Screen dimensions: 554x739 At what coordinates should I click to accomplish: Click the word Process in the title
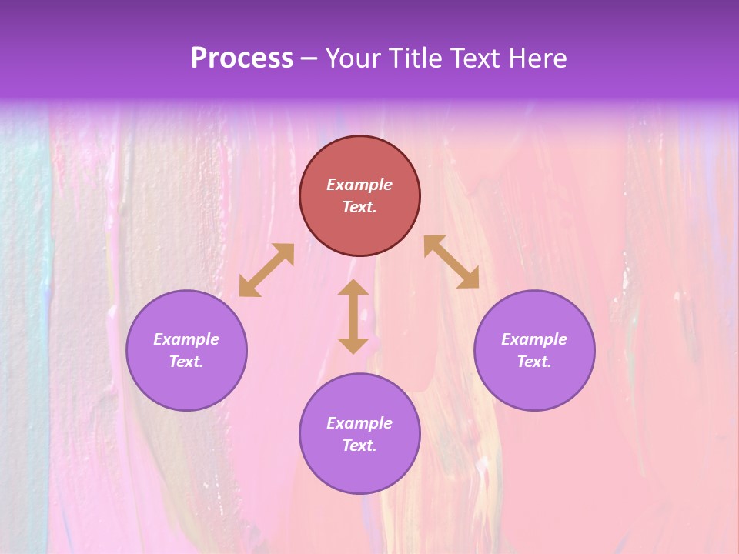point(242,58)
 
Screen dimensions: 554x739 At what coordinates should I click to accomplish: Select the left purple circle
point(186,385)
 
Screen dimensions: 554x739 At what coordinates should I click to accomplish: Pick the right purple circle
point(534,385)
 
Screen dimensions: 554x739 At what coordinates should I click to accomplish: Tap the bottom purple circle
point(359,469)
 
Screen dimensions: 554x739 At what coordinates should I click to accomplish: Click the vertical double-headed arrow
point(353,316)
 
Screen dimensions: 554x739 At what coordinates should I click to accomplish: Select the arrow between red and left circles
point(266,270)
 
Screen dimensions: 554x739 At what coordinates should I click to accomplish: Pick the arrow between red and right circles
point(452,262)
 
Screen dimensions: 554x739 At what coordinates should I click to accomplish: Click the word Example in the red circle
point(359,185)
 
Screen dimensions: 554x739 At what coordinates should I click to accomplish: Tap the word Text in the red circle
point(359,207)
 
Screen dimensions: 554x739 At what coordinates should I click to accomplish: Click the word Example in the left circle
point(186,339)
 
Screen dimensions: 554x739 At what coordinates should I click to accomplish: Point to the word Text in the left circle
point(186,362)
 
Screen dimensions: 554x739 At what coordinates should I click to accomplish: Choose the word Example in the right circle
point(534,339)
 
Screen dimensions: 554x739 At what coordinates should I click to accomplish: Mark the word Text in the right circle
point(534,362)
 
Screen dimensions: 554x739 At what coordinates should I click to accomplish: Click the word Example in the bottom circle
point(359,423)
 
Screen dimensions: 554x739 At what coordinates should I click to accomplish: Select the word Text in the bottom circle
point(359,446)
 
